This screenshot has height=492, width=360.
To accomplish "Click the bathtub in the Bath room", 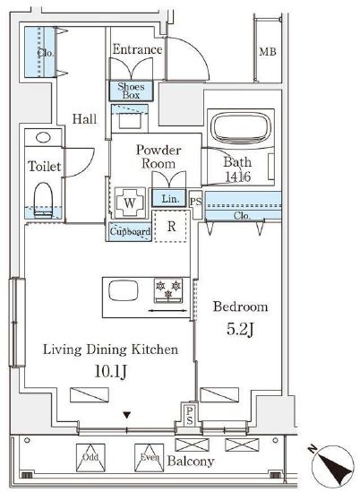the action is coord(241,128).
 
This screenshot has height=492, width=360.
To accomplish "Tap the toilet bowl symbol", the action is coord(43,200).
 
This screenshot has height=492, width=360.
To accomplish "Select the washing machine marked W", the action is coord(130,203).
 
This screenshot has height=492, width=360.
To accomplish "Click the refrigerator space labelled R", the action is coord(171,226).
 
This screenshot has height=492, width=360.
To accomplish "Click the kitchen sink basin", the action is coord(124,290).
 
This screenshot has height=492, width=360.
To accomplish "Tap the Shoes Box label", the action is coord(131,91).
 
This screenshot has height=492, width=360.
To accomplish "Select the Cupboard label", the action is coord(130,231).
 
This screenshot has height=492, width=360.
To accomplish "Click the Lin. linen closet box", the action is coord(168,198).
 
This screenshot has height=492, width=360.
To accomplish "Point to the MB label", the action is coord(268,51).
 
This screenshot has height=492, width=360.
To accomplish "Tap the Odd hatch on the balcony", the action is coord(90,457).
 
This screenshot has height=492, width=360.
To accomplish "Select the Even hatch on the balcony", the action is coord(149,457).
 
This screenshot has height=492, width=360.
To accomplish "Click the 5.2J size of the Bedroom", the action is coord(240,329).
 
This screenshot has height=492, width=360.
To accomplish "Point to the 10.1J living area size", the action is coord(110,372).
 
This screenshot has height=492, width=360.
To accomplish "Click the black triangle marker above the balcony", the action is coord(126,416).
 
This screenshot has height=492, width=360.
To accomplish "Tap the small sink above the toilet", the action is coord(43,138).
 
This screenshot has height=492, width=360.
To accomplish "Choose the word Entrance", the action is coord(137,49).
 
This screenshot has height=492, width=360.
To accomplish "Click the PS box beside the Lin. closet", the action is coord(196,202).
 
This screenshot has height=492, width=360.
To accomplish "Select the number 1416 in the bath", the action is coord(238,177).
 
